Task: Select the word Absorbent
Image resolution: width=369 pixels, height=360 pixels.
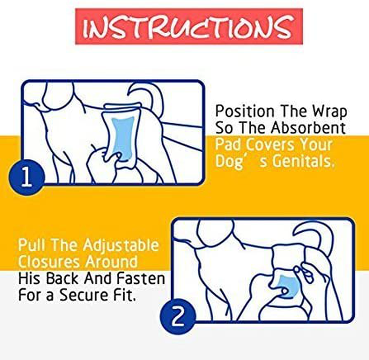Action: tap(308, 128)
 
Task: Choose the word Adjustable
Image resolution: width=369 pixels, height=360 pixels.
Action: tap(121, 246)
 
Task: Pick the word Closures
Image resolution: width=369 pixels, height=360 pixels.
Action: tap(46, 262)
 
